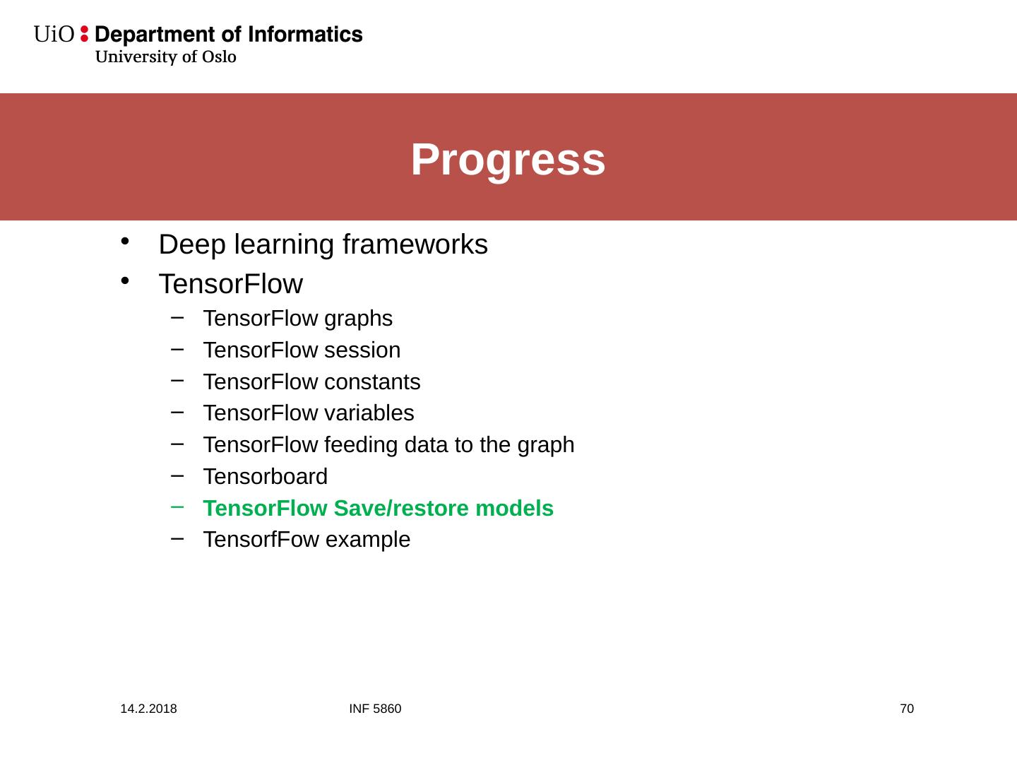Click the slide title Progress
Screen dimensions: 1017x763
(x=508, y=160)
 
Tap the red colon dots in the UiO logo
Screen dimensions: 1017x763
(x=84, y=34)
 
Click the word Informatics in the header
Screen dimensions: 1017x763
(x=305, y=35)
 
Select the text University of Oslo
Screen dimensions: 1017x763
(x=166, y=57)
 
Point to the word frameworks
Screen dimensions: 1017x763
(x=415, y=244)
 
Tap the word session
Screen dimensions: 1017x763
(x=362, y=350)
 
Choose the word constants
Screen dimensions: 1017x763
(x=372, y=382)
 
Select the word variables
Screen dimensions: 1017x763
(x=369, y=413)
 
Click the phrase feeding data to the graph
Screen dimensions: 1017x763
(x=449, y=446)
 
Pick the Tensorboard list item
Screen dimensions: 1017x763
(x=265, y=477)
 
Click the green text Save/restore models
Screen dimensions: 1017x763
(x=444, y=508)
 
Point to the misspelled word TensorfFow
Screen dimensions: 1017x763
(x=261, y=540)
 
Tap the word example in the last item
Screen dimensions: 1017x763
(x=368, y=540)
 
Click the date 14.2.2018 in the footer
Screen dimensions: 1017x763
(x=148, y=709)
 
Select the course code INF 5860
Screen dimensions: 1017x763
(x=375, y=709)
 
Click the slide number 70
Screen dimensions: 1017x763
(x=907, y=709)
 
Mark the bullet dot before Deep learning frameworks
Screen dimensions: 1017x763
(x=124, y=242)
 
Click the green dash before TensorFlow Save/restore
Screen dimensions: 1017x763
(x=177, y=507)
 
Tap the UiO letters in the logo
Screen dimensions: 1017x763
(x=54, y=35)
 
